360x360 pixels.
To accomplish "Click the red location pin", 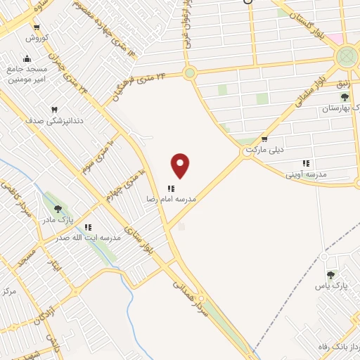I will [181, 165].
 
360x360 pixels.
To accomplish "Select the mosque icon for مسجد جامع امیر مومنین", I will [27, 59].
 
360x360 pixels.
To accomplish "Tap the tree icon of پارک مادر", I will [58, 209].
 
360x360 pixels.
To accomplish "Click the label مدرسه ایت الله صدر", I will [91, 238].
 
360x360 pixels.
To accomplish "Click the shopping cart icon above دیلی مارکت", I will [264, 139].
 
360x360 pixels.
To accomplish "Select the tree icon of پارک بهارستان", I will [345, 96].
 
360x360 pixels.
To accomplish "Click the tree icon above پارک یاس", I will [330, 275].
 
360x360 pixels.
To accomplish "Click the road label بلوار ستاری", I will [139, 240].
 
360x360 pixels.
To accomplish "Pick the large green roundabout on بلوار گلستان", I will [347, 56].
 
